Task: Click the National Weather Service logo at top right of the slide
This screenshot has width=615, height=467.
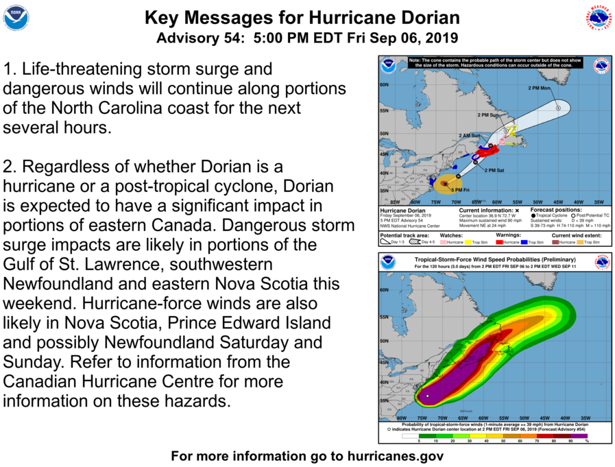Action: pos(598,18)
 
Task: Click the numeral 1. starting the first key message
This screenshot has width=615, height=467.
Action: pos(10,69)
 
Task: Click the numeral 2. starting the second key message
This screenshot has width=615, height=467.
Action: pos(10,167)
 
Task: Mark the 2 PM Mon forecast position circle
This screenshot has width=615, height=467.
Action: pos(558,108)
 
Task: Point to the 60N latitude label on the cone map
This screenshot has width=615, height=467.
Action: pos(384,85)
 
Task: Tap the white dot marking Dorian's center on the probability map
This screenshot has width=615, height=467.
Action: pos(426,396)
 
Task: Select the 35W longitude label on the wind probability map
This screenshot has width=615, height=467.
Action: pos(586,418)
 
